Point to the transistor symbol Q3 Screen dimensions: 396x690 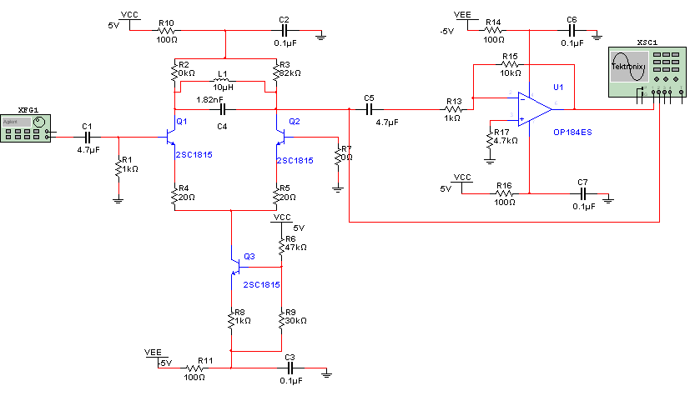pyautogui.click(x=236, y=267)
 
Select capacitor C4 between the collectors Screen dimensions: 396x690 pyautogui.click(x=222, y=109)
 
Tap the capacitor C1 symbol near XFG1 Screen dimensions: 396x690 pyautogui.click(x=87, y=137)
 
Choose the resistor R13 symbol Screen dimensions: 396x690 pyautogui.click(x=453, y=109)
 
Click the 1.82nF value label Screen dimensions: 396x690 pyautogui.click(x=210, y=99)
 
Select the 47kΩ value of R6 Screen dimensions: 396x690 pyautogui.click(x=295, y=248)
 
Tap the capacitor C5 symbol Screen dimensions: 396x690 pyautogui.click(x=369, y=109)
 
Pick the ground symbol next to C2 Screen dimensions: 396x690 pyautogui.click(x=321, y=35)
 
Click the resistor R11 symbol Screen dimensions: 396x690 pyautogui.click(x=196, y=367)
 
